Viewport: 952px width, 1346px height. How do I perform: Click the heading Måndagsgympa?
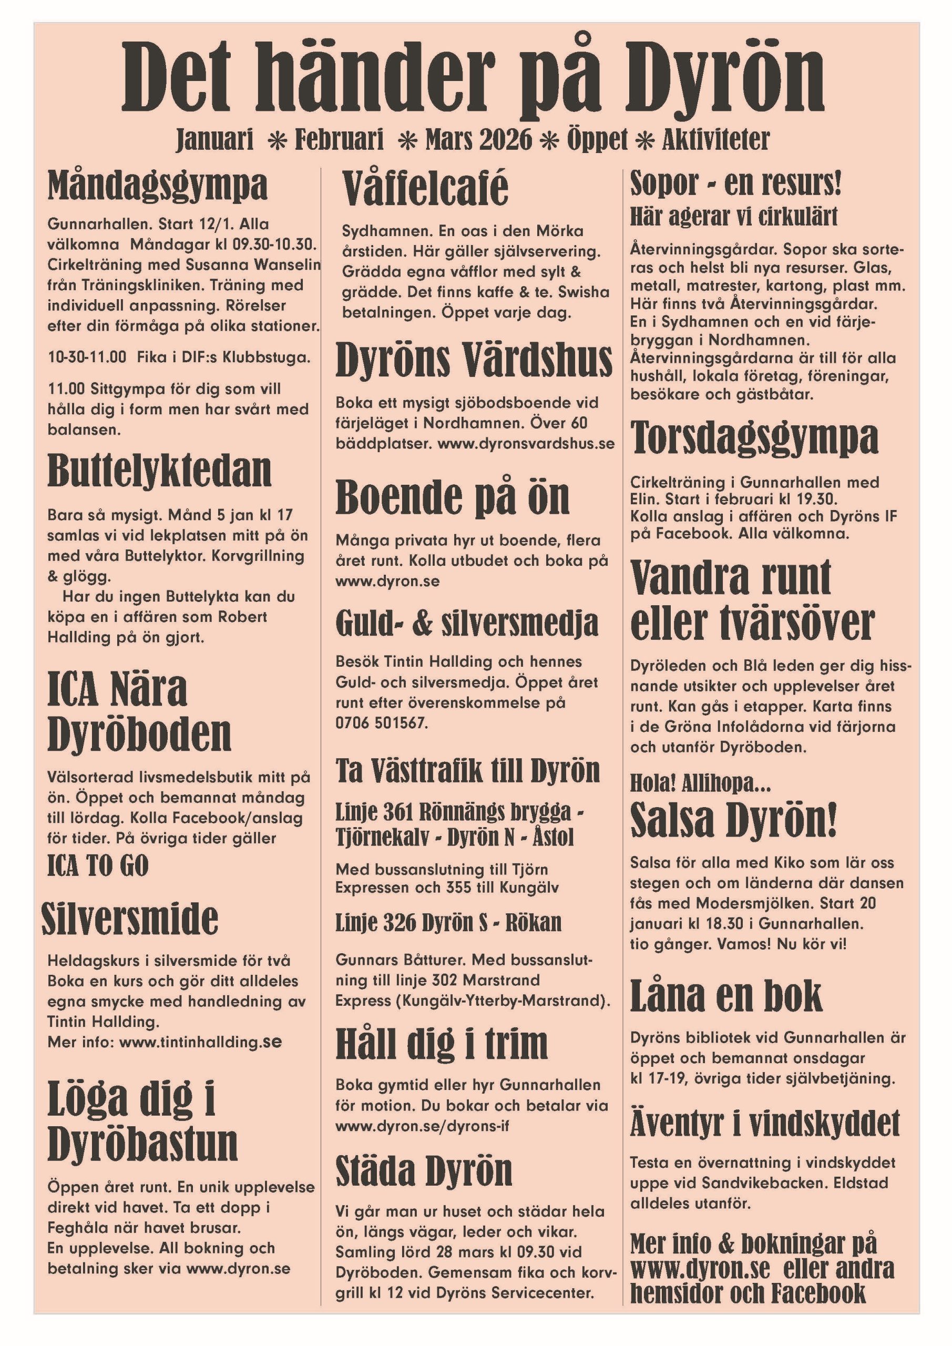point(157,185)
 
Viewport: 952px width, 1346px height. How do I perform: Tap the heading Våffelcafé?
point(425,188)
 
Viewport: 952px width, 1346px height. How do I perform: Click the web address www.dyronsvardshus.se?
point(526,443)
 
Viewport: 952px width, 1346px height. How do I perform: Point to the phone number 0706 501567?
point(381,723)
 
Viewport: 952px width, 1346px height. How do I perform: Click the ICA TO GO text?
point(98,865)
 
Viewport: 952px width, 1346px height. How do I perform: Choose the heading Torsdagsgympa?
point(754,437)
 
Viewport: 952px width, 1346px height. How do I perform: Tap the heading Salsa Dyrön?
point(733,820)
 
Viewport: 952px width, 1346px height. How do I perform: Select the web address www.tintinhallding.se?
point(200,1042)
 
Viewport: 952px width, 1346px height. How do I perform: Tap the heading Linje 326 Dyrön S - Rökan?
point(448,922)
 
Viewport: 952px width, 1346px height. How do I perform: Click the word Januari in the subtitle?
point(214,139)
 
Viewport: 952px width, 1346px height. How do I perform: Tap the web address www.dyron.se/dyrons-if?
point(422,1126)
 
